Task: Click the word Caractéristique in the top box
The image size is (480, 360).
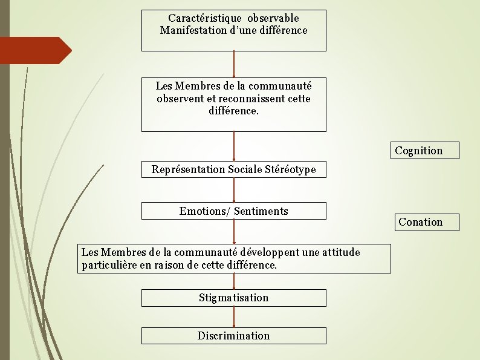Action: tap(203, 19)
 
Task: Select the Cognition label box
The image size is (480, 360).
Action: tap(418, 151)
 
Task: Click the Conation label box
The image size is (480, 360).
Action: tap(420, 222)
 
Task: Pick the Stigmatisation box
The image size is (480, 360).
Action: tap(233, 298)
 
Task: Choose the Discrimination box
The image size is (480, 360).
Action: tap(233, 336)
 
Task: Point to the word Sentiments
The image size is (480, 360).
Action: tap(261, 211)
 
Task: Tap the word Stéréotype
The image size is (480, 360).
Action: tap(290, 169)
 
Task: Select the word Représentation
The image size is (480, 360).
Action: tap(188, 169)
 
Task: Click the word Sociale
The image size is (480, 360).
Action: tap(245, 169)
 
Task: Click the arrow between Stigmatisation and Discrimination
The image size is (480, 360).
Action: tap(234, 317)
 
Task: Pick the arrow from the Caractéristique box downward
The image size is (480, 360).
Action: tap(234, 64)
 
